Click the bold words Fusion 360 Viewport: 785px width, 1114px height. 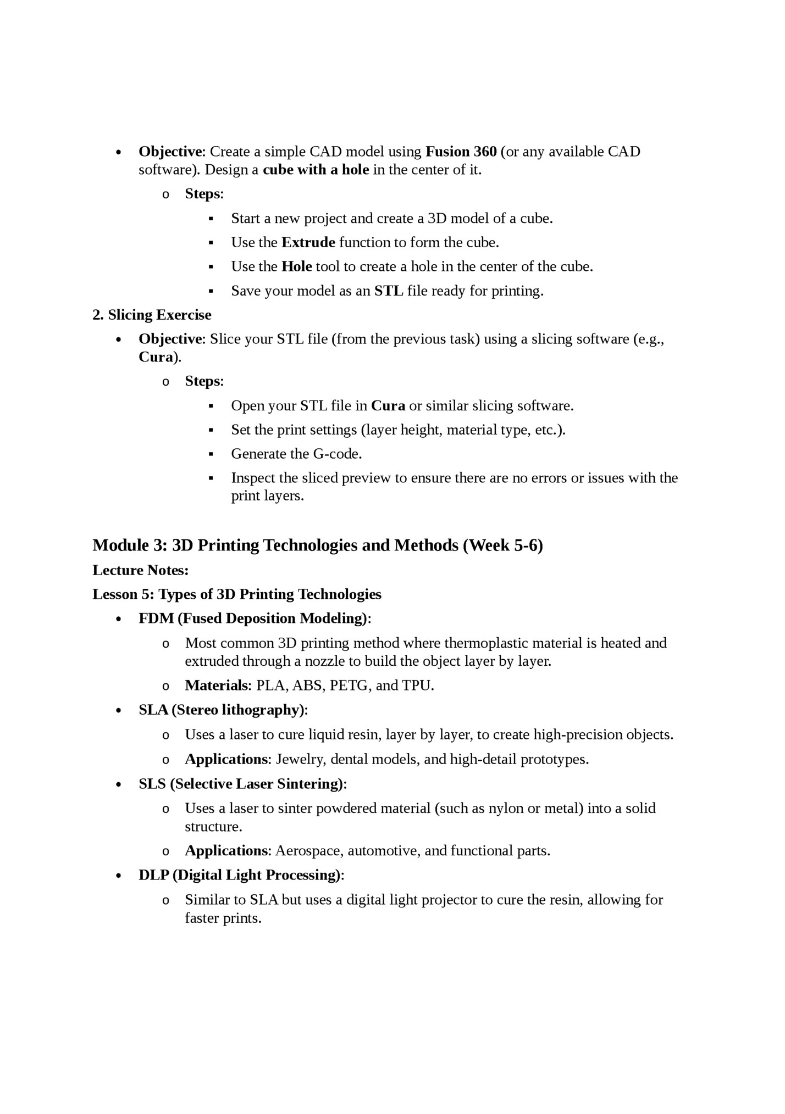click(461, 152)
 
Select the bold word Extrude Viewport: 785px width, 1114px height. click(308, 242)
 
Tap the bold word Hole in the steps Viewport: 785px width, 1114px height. click(296, 266)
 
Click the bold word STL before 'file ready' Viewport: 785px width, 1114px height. click(389, 291)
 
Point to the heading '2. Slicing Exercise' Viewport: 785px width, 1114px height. click(152, 315)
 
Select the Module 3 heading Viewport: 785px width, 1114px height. click(317, 545)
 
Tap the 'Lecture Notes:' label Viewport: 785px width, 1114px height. click(140, 570)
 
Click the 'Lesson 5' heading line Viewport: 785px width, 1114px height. click(236, 594)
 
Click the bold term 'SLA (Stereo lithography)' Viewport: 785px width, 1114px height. click(221, 710)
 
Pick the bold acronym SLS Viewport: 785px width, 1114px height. click(152, 783)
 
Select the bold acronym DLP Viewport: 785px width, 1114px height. click(153, 875)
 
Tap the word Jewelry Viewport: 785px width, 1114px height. click(301, 759)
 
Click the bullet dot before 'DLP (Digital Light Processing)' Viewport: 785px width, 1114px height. click(119, 876)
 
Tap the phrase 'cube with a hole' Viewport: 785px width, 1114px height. click(316, 170)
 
